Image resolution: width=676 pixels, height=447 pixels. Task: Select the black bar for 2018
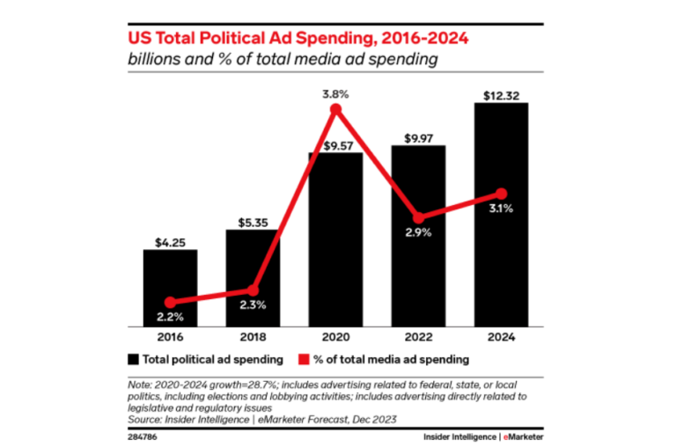tap(253, 264)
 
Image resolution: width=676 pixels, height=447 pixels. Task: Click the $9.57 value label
tap(335, 145)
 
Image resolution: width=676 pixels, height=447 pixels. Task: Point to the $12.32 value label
tap(501, 95)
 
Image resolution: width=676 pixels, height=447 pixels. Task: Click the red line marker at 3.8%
tap(334, 109)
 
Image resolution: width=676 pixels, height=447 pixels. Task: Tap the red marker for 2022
tap(418, 217)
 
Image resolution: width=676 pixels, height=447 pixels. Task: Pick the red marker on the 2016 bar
tap(170, 302)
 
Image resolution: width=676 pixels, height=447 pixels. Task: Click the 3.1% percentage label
tap(501, 209)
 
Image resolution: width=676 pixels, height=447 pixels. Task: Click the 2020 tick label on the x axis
tap(335, 337)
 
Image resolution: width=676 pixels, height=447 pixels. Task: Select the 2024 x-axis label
tap(501, 337)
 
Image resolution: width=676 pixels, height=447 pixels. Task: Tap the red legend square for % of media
tap(302, 359)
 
